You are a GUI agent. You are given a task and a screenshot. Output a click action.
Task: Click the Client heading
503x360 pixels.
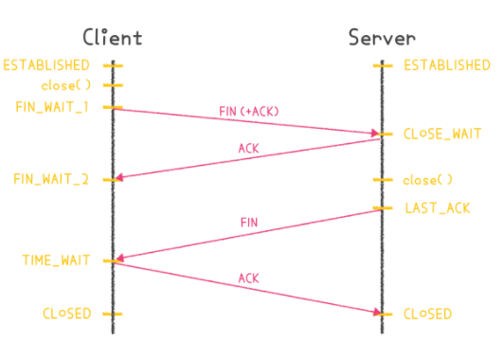pyautogui.click(x=112, y=38)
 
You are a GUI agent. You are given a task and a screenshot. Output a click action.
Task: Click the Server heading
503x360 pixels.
pyautogui.click(x=382, y=38)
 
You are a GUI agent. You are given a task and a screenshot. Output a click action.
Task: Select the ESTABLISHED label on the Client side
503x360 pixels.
pyautogui.click(x=46, y=65)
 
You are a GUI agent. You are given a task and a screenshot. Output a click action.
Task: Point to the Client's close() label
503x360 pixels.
pyautogui.click(x=64, y=85)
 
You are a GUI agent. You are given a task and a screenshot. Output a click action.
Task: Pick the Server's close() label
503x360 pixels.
pyautogui.click(x=428, y=180)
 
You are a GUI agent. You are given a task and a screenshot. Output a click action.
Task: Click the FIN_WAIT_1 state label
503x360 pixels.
pyautogui.click(x=52, y=106)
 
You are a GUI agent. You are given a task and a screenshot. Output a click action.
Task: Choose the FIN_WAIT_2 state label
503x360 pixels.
pyautogui.click(x=52, y=179)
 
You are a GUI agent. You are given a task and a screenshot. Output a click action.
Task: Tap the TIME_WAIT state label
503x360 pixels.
pyautogui.click(x=57, y=259)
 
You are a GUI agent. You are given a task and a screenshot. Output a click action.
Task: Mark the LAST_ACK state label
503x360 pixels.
pyautogui.click(x=437, y=207)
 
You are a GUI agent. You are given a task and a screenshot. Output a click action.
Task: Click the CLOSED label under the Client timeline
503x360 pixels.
pyautogui.click(x=66, y=313)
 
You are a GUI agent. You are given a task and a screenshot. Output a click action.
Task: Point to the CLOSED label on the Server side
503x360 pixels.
pyautogui.click(x=428, y=314)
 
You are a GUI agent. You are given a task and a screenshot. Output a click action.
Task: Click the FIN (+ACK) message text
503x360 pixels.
pyautogui.click(x=249, y=111)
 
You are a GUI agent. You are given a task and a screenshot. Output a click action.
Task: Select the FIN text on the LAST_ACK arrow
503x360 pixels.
pyautogui.click(x=248, y=222)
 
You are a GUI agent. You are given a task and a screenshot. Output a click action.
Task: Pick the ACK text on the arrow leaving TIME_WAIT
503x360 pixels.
pyautogui.click(x=248, y=278)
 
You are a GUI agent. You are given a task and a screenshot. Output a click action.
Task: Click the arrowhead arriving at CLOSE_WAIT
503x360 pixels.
pyautogui.click(x=375, y=134)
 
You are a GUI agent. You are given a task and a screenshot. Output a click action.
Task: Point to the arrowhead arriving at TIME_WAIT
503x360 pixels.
pyautogui.click(x=118, y=258)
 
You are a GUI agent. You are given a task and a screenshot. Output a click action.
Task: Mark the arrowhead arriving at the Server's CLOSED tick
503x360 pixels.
pyautogui.click(x=375, y=312)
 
